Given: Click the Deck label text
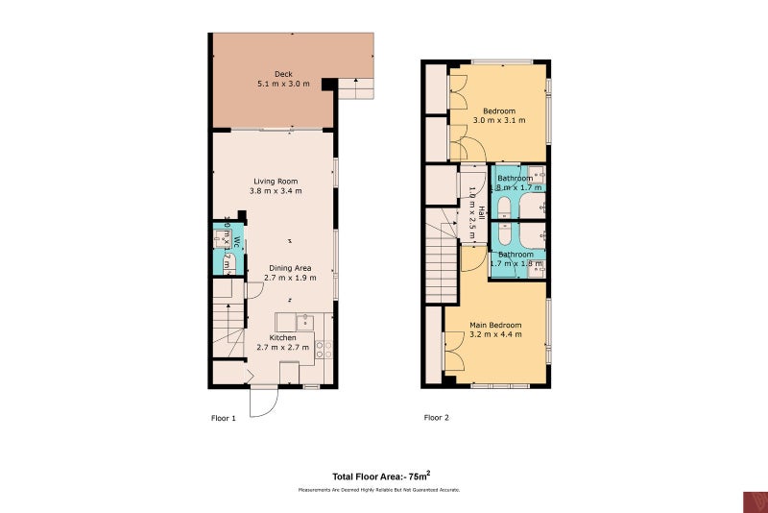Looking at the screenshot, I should [x=283, y=75].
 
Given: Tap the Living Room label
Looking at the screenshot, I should [x=276, y=182].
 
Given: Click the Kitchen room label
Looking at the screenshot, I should [x=282, y=338].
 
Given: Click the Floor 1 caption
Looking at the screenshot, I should [x=223, y=418].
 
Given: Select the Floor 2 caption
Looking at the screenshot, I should [x=437, y=418].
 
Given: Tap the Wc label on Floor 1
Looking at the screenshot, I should [x=233, y=242].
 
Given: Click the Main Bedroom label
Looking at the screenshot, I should [x=496, y=325].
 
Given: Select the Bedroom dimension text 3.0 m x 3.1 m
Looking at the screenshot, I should [x=500, y=121].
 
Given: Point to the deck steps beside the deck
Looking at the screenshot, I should [x=355, y=88].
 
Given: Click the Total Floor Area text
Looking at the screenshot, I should [x=381, y=476].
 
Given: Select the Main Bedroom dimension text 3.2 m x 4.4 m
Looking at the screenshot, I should [x=496, y=334].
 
